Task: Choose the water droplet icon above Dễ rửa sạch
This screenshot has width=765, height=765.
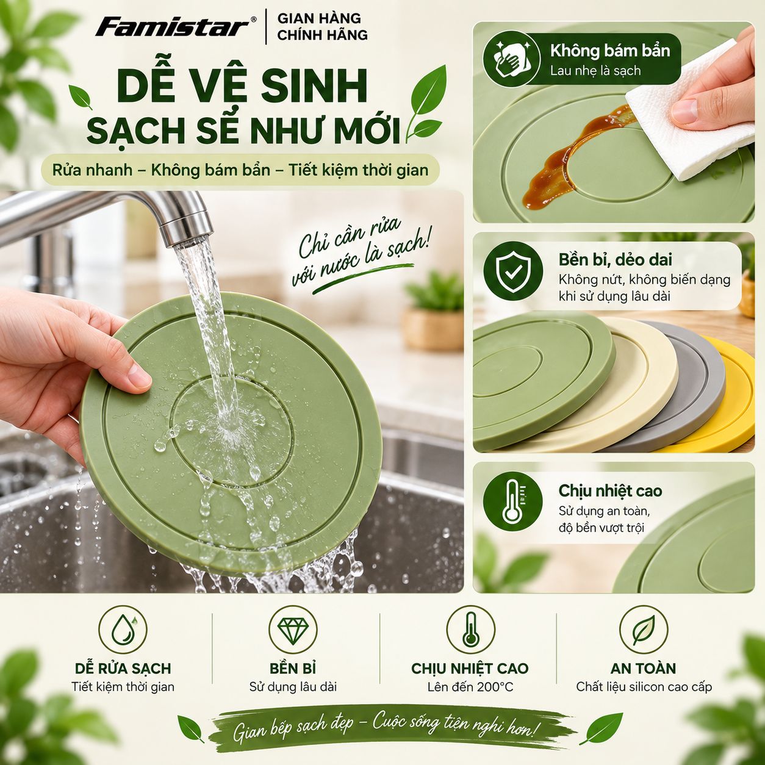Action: tap(123, 630)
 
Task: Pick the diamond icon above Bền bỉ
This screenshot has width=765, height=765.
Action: tap(293, 630)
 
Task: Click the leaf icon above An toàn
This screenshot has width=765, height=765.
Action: tap(644, 630)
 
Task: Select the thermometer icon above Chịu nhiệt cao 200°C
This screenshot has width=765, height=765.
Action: tap(470, 630)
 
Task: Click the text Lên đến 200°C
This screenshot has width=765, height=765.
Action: tap(470, 687)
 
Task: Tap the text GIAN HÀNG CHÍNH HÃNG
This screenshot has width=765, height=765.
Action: tap(322, 27)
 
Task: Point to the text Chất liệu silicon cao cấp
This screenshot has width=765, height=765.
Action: tap(644, 687)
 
